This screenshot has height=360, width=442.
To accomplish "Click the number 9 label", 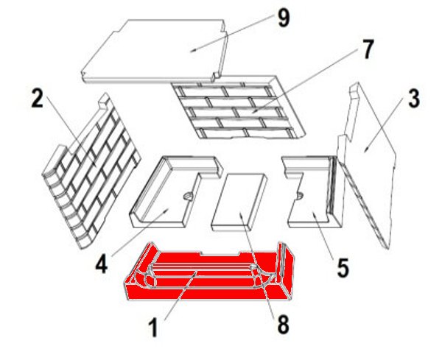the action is tap(284, 19).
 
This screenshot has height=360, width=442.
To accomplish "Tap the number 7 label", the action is tap(367, 49).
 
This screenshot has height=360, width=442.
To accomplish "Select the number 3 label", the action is tap(414, 99).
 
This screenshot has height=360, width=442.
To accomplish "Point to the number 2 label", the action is tap(38, 99).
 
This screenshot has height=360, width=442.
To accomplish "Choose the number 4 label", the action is tap(102, 265).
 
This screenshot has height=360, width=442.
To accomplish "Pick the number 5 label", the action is tap(343, 269).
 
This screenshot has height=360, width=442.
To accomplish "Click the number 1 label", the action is tap(153, 328).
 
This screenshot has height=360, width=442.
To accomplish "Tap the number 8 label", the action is tap(283, 325).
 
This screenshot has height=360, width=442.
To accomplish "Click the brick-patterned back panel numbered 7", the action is tap(239, 107).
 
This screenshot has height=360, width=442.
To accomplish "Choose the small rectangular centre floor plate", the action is tap(239, 202).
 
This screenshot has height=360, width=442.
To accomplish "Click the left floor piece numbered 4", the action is tap(175, 191).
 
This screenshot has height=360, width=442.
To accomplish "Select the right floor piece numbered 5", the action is tap(313, 191).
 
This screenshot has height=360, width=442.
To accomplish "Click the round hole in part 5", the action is tap(300, 195).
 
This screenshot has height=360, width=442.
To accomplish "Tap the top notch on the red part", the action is tap(220, 254).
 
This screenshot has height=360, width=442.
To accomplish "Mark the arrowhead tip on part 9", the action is tap(191, 52).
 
